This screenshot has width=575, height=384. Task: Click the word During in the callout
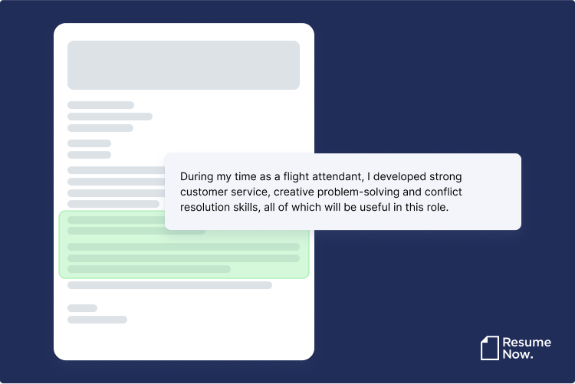coord(198,176)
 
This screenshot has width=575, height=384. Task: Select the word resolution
coord(208,207)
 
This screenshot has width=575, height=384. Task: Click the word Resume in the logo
coord(527,341)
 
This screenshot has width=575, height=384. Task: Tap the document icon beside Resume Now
coord(489,348)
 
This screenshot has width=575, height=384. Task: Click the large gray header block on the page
coord(183,65)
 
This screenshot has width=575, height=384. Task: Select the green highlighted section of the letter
coord(184,245)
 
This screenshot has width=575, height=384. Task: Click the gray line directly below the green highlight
coord(169,285)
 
